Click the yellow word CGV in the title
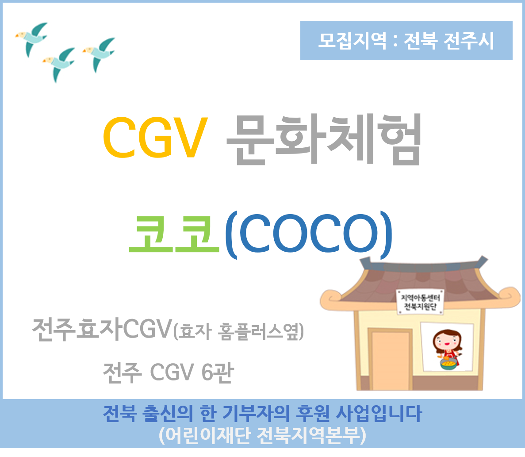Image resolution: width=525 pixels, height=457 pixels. click(x=155, y=137)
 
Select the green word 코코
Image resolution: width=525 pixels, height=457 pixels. click(x=174, y=234)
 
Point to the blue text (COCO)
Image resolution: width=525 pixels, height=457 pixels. click(x=308, y=234)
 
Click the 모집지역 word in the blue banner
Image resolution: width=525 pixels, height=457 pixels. click(x=352, y=41)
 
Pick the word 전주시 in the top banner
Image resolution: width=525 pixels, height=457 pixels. click(x=469, y=41)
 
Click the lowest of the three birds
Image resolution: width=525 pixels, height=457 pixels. click(x=59, y=64)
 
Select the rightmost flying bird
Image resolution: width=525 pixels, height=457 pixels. click(x=99, y=54)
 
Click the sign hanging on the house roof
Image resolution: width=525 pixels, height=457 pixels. click(x=421, y=302)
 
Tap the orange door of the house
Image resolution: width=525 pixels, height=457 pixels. click(x=391, y=359)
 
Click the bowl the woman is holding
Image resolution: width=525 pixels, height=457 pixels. click(x=448, y=364)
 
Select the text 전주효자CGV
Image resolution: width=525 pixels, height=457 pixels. click(x=102, y=329)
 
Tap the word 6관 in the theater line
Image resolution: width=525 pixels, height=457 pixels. click(x=218, y=372)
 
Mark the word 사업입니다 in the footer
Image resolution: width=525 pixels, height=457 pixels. click(x=379, y=413)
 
